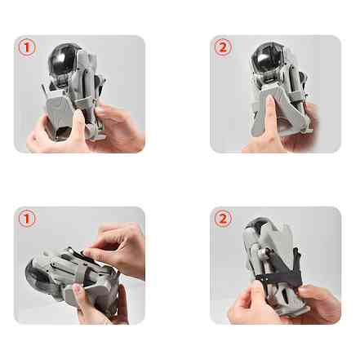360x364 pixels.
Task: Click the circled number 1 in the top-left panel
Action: point(28,47)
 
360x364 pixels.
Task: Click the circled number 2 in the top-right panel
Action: point(223,47)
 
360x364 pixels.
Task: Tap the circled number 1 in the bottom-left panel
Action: point(28,219)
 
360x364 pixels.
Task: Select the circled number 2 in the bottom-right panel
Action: point(223,219)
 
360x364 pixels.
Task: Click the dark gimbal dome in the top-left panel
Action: point(66,60)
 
